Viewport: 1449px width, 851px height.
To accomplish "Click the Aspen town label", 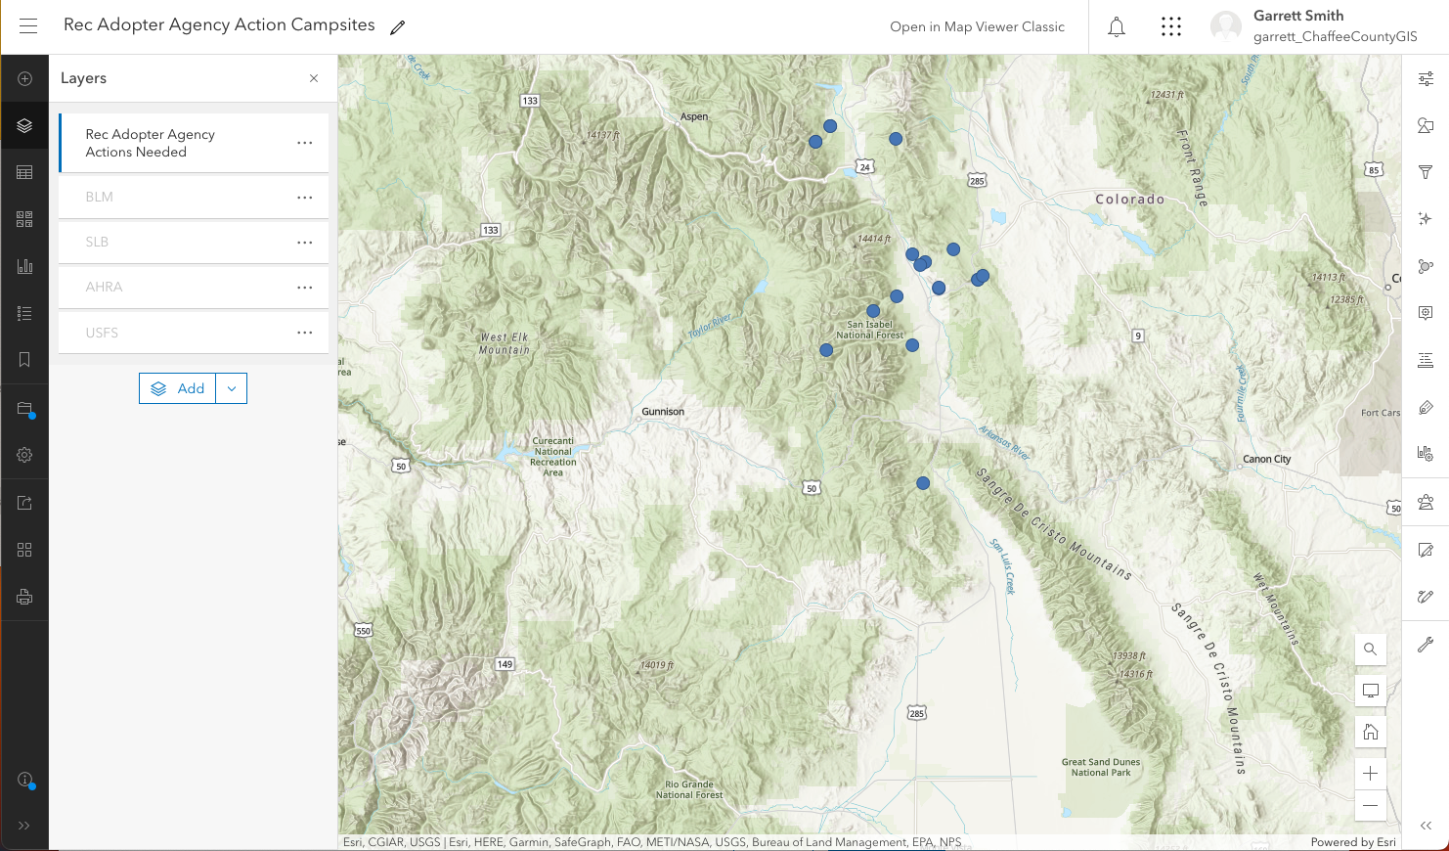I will click(x=694, y=116).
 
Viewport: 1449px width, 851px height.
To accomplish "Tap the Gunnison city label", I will click(x=663, y=412).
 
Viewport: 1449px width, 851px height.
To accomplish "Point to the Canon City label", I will click(x=1266, y=459).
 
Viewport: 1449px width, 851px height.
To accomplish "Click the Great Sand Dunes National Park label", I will click(x=1101, y=767).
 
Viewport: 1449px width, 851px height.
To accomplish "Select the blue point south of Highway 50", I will click(x=923, y=483).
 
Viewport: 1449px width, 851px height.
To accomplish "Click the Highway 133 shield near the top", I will click(x=530, y=101).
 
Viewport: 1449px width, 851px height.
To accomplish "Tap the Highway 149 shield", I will click(x=505, y=664).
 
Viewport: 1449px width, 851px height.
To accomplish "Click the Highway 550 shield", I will click(x=364, y=631).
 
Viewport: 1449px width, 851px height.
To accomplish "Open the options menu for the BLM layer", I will click(x=305, y=198).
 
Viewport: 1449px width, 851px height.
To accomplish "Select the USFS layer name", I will click(x=102, y=333).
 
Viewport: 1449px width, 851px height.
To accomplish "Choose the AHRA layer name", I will click(x=104, y=287).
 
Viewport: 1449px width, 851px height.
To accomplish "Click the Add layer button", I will click(x=178, y=388).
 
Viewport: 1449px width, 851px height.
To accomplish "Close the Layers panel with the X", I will click(x=314, y=78).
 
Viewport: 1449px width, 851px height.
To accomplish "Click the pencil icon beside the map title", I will click(x=397, y=27).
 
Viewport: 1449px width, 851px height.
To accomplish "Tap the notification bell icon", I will click(x=1117, y=27).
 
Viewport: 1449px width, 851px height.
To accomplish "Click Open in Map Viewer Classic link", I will click(x=977, y=27).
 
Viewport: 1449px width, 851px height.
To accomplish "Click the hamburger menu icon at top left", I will click(x=28, y=26).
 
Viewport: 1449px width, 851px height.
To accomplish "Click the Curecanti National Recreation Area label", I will click(x=553, y=457).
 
